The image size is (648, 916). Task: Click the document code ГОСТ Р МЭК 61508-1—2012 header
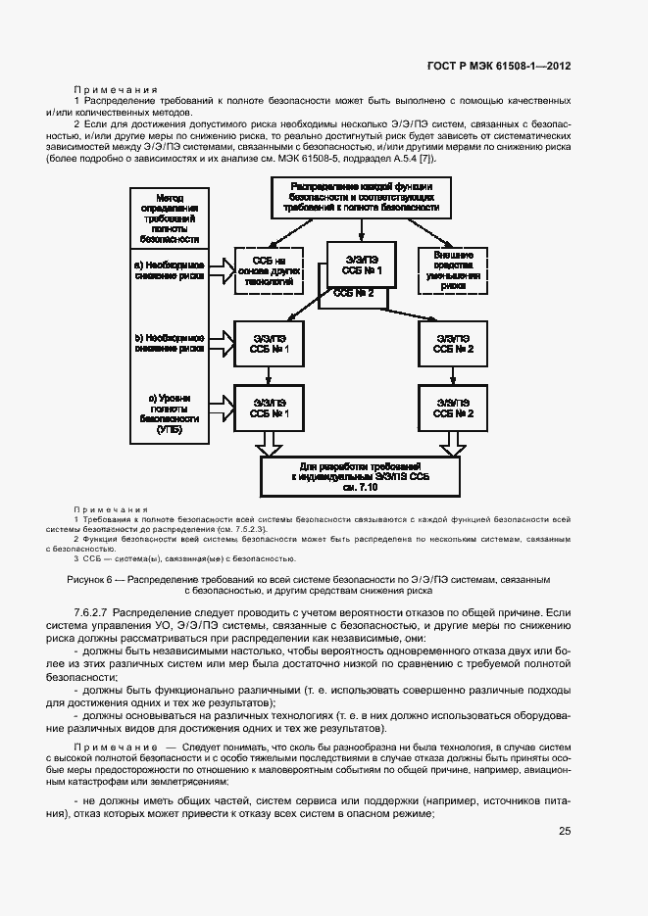tap(499, 67)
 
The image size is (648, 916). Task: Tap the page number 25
tap(565, 832)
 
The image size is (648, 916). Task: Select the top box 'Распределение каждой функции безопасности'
tap(361, 197)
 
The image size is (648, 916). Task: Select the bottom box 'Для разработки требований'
tap(361, 476)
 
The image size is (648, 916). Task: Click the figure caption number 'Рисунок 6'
tap(91, 579)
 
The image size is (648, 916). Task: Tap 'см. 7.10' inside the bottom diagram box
tap(360, 488)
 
